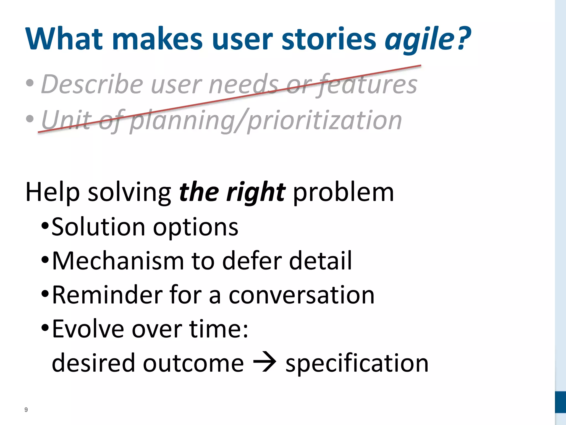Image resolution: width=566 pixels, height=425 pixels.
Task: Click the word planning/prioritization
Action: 266,120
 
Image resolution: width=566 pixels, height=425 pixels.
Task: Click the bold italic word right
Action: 256,193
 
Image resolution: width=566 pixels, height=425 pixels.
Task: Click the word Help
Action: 53,192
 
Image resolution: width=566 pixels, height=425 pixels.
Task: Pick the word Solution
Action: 98,227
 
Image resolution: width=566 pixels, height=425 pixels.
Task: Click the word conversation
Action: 301,296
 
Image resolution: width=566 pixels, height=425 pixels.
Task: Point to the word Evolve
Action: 88,329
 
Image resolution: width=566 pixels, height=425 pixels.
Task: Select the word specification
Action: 357,364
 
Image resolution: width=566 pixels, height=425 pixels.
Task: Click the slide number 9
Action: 26,410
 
